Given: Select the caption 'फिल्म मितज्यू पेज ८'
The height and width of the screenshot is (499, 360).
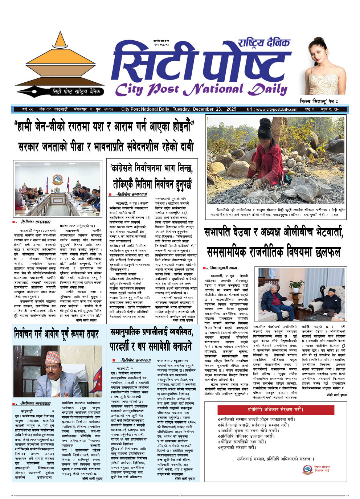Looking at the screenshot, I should tap(319, 101).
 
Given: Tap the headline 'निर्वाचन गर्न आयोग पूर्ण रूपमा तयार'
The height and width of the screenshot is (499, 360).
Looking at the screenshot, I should tap(57, 334).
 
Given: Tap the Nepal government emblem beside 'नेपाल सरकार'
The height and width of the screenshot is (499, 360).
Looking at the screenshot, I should tap(307, 470).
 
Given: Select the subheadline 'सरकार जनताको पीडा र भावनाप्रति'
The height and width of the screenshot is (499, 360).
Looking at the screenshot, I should tap(106, 147).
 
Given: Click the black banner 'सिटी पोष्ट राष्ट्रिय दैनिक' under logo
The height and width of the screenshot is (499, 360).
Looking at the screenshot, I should tap(76, 91).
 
